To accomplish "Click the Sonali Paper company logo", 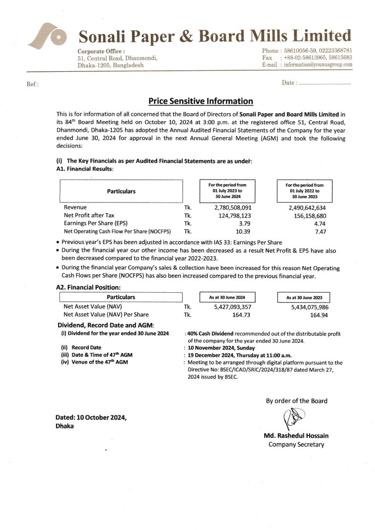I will pos(46,39).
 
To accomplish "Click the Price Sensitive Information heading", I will pos(201,102).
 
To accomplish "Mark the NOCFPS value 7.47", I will pos(320,231).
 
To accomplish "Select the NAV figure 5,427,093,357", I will pos(232,306).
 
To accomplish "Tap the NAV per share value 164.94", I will pos(318,315).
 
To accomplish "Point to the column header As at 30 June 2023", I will pos(304,297).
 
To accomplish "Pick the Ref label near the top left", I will pos(32,84).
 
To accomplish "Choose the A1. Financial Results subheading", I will pos(84,168).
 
